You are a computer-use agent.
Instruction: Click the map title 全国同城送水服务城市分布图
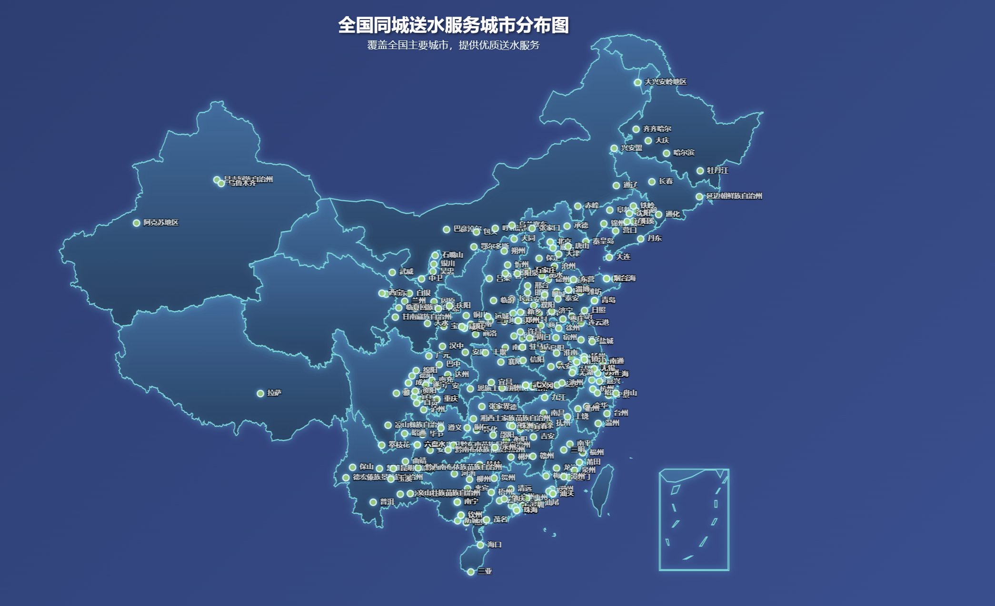pos(453,25)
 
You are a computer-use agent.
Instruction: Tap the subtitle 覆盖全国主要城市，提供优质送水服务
pos(453,45)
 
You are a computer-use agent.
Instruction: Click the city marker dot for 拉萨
pos(260,393)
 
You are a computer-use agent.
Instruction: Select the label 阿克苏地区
pos(161,223)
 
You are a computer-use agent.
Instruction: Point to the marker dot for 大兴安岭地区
pos(637,82)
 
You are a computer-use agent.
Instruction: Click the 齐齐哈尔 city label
pos(657,129)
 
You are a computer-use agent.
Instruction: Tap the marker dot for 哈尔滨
pos(667,153)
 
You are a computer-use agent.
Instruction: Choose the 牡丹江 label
pos(717,170)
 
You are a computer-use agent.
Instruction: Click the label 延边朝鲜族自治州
pos(734,196)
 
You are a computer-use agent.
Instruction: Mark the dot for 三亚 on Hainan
pos(471,572)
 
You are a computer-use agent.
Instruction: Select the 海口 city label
pos(494,545)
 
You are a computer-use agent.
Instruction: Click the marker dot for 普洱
pos(373,502)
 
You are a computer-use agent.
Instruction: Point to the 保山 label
pos(366,467)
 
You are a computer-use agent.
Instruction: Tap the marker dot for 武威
pos(392,273)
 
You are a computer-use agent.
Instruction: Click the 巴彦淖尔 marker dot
pos(447,230)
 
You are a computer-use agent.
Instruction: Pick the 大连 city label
pos(623,257)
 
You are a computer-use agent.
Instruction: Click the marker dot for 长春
pos(652,182)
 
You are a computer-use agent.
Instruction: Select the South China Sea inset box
pos(694,519)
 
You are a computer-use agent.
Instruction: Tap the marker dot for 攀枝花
pos(382,445)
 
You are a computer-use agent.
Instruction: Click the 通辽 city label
pos(630,185)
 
